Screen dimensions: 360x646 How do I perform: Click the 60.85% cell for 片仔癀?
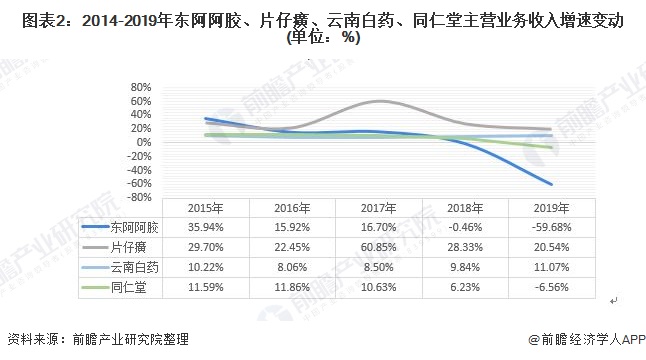[376, 247]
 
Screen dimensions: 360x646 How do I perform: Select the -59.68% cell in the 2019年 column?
[549, 227]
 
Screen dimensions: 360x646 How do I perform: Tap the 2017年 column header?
[376, 207]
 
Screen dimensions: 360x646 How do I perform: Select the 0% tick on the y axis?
[142, 142]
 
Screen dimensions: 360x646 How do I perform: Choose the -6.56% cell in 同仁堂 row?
[549, 287]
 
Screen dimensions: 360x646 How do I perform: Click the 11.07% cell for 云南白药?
[549, 267]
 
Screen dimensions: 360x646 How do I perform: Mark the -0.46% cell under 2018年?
[462, 227]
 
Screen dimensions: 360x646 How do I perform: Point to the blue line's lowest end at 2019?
[551, 184]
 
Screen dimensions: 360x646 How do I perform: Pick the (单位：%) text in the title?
[322, 39]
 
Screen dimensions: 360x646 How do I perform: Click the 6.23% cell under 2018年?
[462, 287]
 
